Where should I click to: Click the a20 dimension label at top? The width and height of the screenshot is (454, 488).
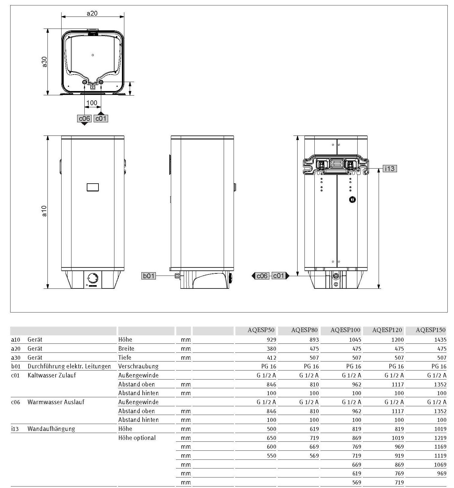(92, 13)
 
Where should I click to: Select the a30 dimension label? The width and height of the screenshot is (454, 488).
(44, 62)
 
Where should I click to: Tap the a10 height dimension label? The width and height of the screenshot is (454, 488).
(44, 211)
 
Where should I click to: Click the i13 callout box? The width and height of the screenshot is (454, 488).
(389, 169)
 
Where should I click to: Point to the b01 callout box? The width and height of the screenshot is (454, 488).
(149, 276)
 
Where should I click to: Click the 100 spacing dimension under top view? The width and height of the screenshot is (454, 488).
(92, 103)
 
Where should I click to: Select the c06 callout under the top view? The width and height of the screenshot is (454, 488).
(84, 118)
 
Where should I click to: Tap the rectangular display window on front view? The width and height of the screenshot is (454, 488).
(93, 187)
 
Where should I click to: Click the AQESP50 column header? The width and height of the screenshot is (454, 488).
(261, 330)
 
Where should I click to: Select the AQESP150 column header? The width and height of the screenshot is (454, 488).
(430, 330)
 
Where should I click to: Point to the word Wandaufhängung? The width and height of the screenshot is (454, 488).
(51, 429)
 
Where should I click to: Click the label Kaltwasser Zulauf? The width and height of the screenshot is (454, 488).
(52, 375)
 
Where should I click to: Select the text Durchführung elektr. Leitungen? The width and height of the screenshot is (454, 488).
(69, 366)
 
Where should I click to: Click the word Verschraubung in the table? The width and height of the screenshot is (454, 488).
(138, 366)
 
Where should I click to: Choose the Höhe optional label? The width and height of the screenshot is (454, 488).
(137, 438)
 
